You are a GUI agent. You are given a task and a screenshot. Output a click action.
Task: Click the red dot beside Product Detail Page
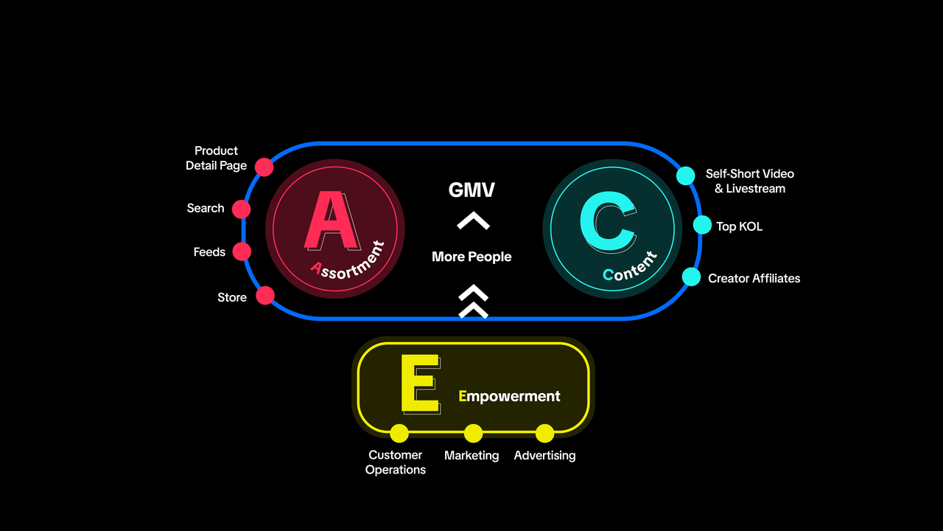pos(264,167)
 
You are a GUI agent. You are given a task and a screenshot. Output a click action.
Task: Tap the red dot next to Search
pos(241,209)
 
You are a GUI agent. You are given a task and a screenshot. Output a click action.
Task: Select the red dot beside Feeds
pos(242,251)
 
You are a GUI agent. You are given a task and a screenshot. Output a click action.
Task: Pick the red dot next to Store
pos(265,296)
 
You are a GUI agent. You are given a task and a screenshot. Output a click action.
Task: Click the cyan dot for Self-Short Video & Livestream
pos(686,176)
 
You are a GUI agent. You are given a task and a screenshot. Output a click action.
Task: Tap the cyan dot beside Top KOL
pos(702,225)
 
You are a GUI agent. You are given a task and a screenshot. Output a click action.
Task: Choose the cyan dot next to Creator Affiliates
pos(691,277)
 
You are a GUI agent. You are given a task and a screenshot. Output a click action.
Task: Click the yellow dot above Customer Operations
pos(399,433)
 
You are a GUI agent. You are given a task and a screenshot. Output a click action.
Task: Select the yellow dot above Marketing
pos(473,433)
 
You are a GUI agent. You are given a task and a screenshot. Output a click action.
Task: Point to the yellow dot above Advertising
pos(544,433)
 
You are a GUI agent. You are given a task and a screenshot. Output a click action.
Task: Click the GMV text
pos(471,190)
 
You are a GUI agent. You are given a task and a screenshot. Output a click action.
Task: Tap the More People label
pos(471,257)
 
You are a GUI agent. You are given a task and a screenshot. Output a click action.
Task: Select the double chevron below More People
pos(473,302)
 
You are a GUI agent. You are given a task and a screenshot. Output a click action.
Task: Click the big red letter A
pos(332,220)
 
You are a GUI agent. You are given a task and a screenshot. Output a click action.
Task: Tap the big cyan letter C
pos(609,222)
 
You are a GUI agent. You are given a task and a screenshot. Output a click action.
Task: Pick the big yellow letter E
pos(420,383)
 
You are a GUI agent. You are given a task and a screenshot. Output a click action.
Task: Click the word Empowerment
pos(509,396)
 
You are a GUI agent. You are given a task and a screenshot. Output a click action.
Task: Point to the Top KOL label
pos(739,226)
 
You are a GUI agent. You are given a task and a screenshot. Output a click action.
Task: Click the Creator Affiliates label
pos(754,278)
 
